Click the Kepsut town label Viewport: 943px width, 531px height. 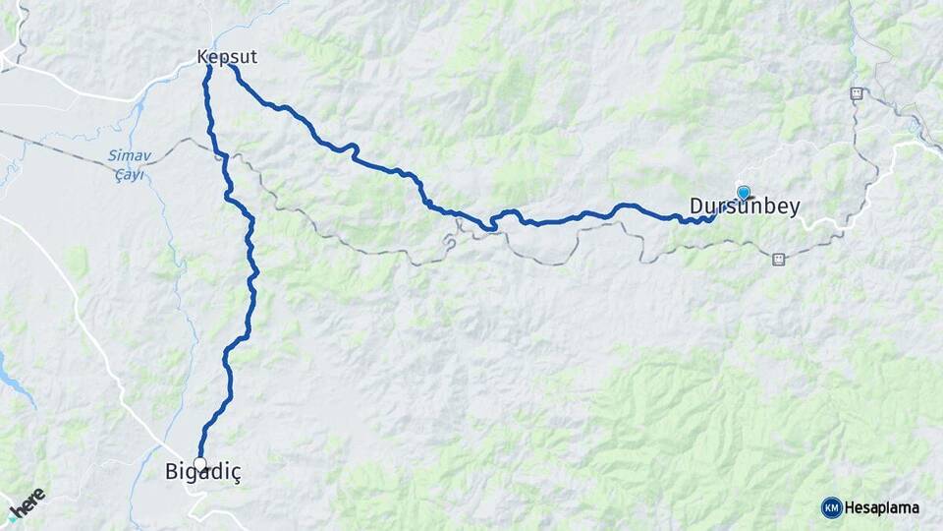pos(227,57)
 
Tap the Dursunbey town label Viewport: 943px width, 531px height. pos(744,207)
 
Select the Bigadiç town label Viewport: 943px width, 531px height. pos(202,474)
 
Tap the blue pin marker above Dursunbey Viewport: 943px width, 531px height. pos(744,193)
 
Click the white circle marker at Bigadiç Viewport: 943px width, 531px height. pos(200,463)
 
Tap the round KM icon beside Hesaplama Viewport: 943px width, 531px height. pos(831,507)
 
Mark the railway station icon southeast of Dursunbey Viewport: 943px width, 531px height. pos(778,260)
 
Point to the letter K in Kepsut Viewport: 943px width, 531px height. pos(203,57)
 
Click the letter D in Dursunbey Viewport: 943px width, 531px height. pos(695,207)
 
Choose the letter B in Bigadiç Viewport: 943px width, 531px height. pos(171,473)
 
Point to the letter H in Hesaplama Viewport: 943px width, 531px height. pos(851,508)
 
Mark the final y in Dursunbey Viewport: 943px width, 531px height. pos(793,209)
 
